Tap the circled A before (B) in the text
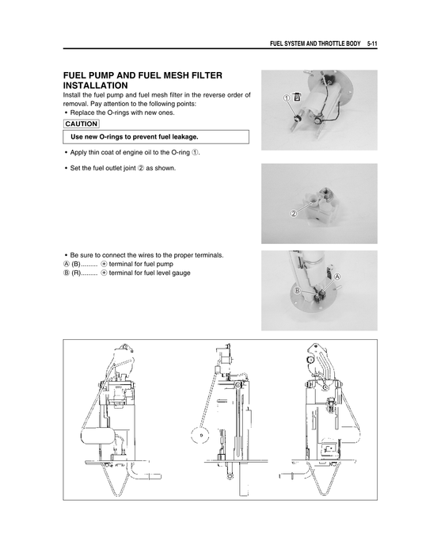(66, 264)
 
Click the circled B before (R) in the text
(66, 273)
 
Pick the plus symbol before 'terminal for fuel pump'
(104, 264)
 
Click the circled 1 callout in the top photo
(283, 97)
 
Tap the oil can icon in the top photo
(296, 97)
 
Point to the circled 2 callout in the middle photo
(293, 213)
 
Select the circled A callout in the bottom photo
(337, 277)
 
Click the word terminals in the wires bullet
(205, 255)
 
